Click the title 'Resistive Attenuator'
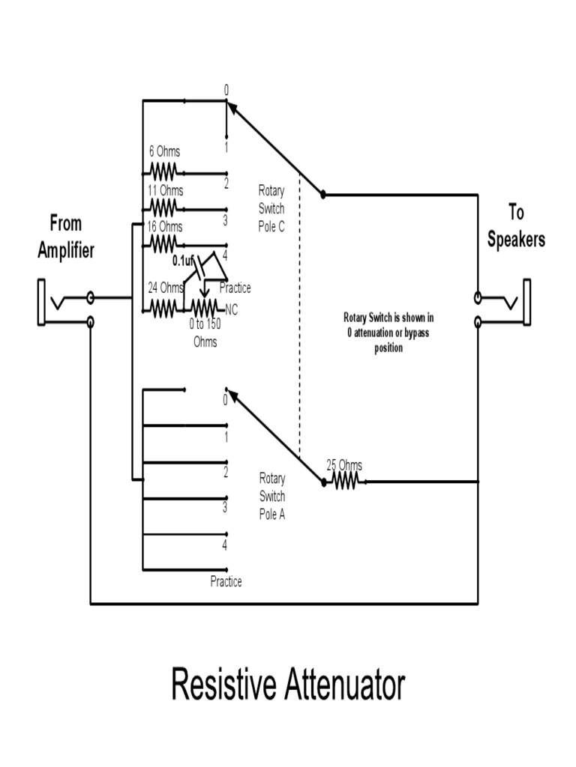coord(288,685)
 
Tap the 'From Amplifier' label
coord(66,237)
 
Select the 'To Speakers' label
coord(516,225)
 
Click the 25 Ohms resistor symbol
coord(344,482)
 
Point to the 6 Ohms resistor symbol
coord(163,169)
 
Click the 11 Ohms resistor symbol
coord(163,205)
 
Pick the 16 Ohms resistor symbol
coord(163,242)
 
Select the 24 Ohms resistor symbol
coord(164,308)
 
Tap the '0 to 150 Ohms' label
coord(205,333)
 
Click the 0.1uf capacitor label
coord(183,261)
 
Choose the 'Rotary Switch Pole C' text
coord(271,209)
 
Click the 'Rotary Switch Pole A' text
coord(271,496)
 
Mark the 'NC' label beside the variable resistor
coord(231,308)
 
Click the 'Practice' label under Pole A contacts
coord(226,581)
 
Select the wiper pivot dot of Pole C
coord(323,195)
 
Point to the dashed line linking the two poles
coord(300,315)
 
